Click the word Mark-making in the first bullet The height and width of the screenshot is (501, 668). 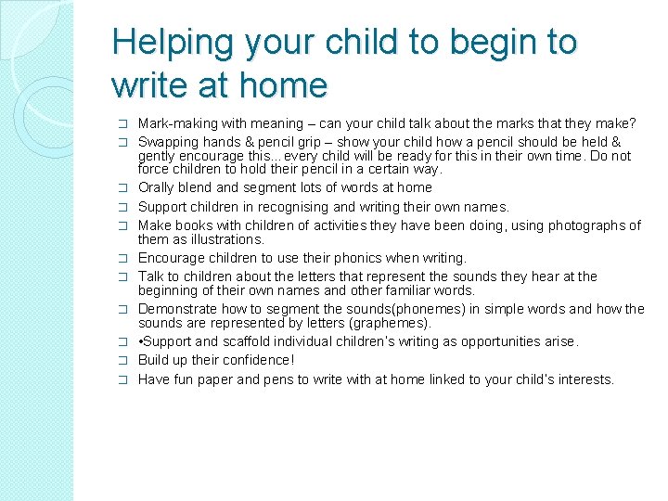click(174, 123)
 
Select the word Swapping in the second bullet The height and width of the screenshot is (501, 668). click(167, 142)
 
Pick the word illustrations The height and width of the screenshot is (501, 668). click(215, 239)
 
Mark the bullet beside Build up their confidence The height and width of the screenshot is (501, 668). click(123, 361)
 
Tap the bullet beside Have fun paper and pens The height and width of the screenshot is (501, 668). click(123, 380)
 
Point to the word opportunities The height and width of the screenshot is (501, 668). click(489, 341)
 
